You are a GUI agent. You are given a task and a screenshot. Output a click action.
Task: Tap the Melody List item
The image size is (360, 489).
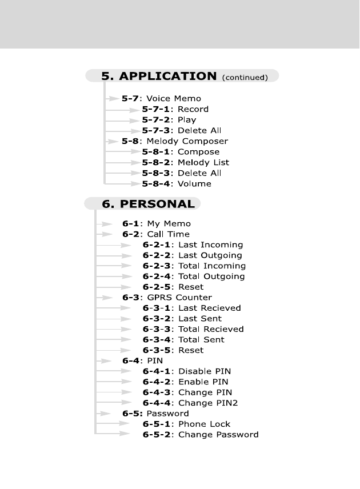click(203, 162)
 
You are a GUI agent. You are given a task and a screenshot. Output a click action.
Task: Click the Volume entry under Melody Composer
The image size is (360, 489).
click(194, 183)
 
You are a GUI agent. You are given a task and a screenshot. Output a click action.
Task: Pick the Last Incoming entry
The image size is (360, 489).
click(210, 244)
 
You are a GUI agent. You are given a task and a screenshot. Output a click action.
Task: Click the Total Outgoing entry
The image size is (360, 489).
click(211, 276)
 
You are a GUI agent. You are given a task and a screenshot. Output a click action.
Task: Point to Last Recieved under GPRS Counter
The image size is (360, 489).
click(210, 308)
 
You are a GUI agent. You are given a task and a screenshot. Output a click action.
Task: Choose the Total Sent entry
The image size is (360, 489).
click(201, 339)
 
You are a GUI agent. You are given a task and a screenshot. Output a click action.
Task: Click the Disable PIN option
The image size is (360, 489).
click(205, 371)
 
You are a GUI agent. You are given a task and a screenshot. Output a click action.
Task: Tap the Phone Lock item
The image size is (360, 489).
click(204, 424)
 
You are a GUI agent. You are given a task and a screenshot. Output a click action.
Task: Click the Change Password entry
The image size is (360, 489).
click(218, 435)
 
